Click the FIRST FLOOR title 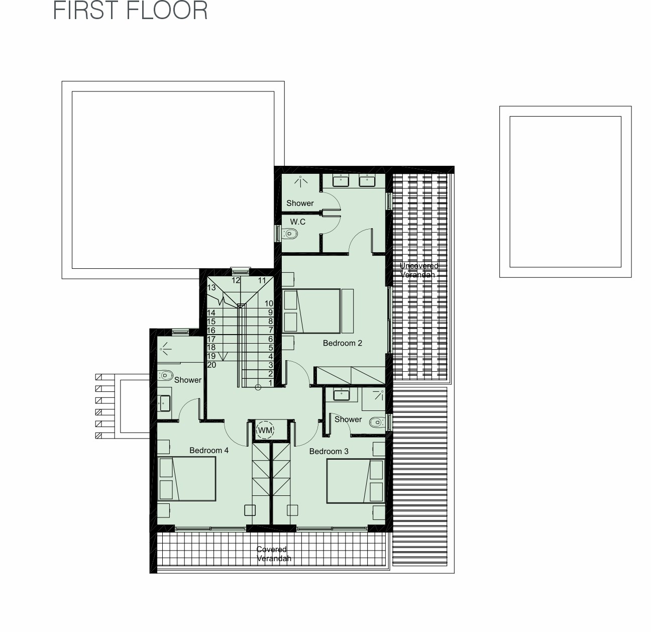[x=130, y=10]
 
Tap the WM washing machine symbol [x=265, y=430]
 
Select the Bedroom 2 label [x=342, y=343]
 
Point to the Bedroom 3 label [x=329, y=451]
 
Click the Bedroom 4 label [x=209, y=450]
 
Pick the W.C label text [x=298, y=222]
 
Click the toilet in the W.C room [x=290, y=234]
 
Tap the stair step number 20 [x=211, y=365]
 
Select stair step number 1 [x=271, y=382]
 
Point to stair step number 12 [x=236, y=280]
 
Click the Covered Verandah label [x=274, y=554]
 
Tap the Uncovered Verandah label [x=418, y=270]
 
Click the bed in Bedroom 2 [x=311, y=311]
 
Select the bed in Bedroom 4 [x=187, y=479]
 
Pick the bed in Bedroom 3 [x=356, y=481]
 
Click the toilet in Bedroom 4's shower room [x=165, y=375]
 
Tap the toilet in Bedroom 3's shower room [x=377, y=422]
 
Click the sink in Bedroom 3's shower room [x=341, y=395]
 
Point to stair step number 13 [x=211, y=287]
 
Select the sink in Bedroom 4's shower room [x=165, y=403]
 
